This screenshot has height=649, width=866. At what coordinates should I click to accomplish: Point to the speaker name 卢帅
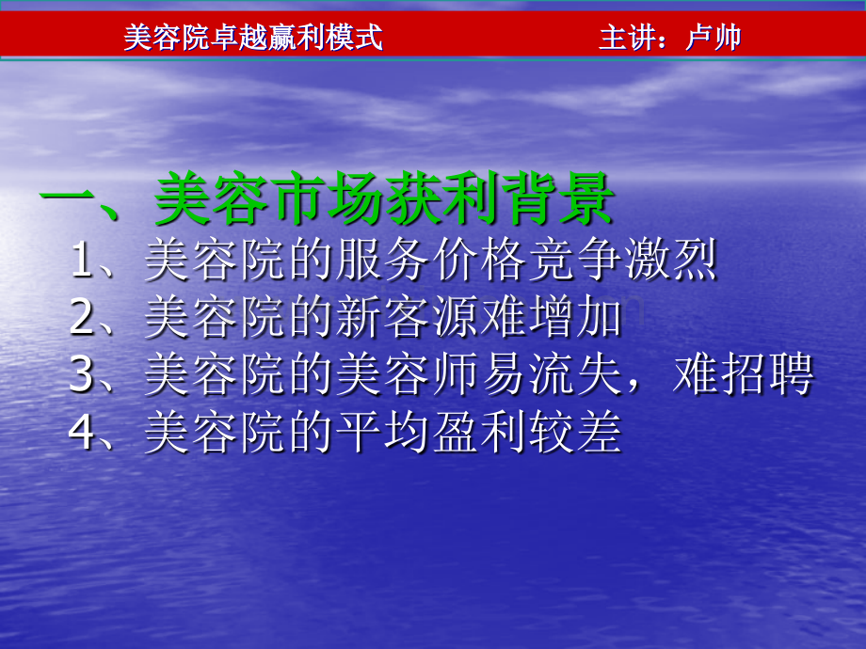pyautogui.click(x=714, y=38)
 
